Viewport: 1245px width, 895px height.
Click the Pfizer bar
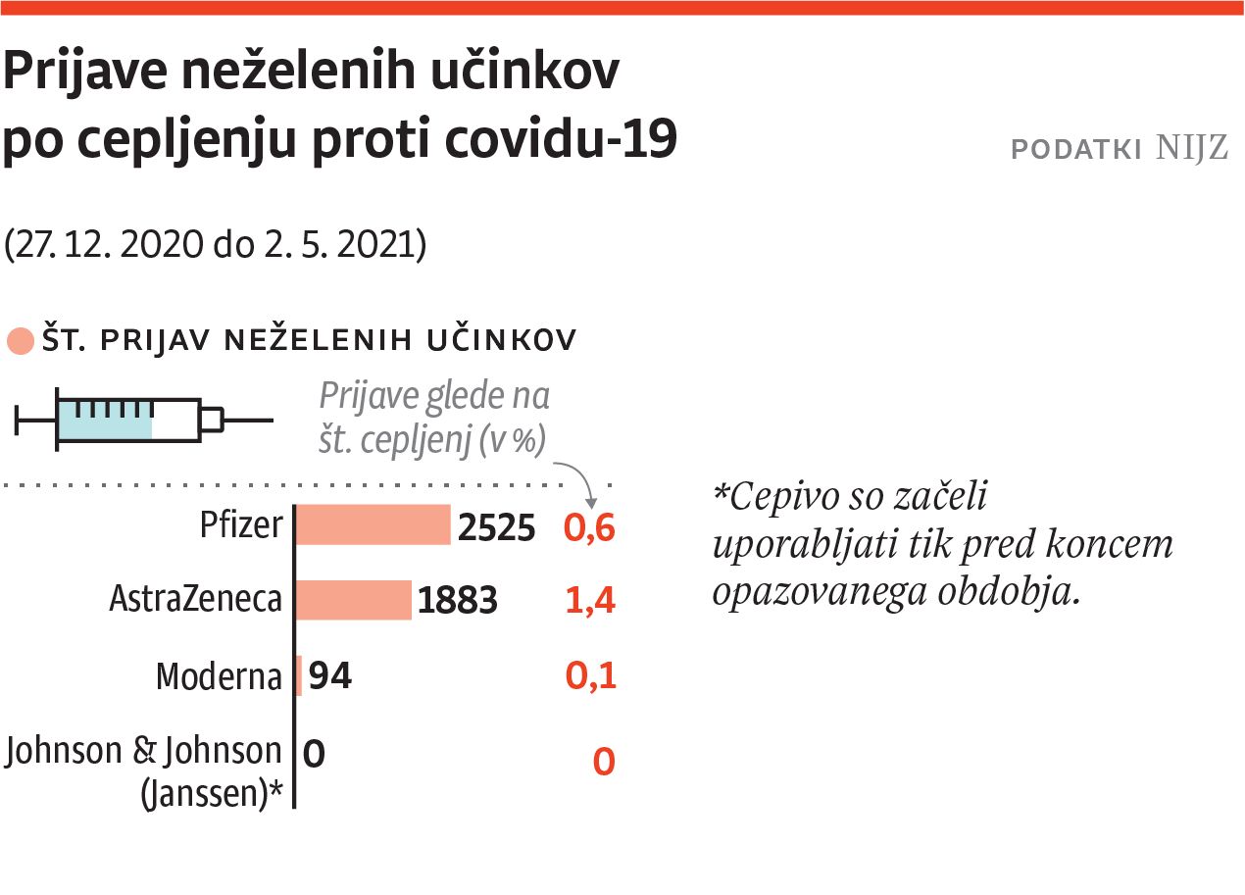pos(373,524)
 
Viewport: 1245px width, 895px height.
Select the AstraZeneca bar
pos(353,600)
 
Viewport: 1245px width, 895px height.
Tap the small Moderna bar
pos(299,676)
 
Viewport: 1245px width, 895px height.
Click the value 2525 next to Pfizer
pos(497,528)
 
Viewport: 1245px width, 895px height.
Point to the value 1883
pos(458,601)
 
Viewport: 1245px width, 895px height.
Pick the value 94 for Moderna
pos(329,676)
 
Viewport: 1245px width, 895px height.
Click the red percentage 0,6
pos(589,528)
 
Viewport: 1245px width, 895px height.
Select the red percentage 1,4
pos(590,601)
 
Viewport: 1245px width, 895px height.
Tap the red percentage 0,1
pos(590,676)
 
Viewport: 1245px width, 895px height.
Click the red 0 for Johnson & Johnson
pos(604,762)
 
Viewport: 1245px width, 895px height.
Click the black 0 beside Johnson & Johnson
pos(314,754)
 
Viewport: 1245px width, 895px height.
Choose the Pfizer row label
pos(240,525)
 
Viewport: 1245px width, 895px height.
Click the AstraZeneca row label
pos(196,599)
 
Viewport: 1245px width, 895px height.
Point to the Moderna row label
pos(219,676)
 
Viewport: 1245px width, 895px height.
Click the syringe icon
pos(143,421)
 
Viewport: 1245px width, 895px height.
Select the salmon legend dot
pos(20,342)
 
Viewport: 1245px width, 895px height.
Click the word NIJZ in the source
pos(1191,149)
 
